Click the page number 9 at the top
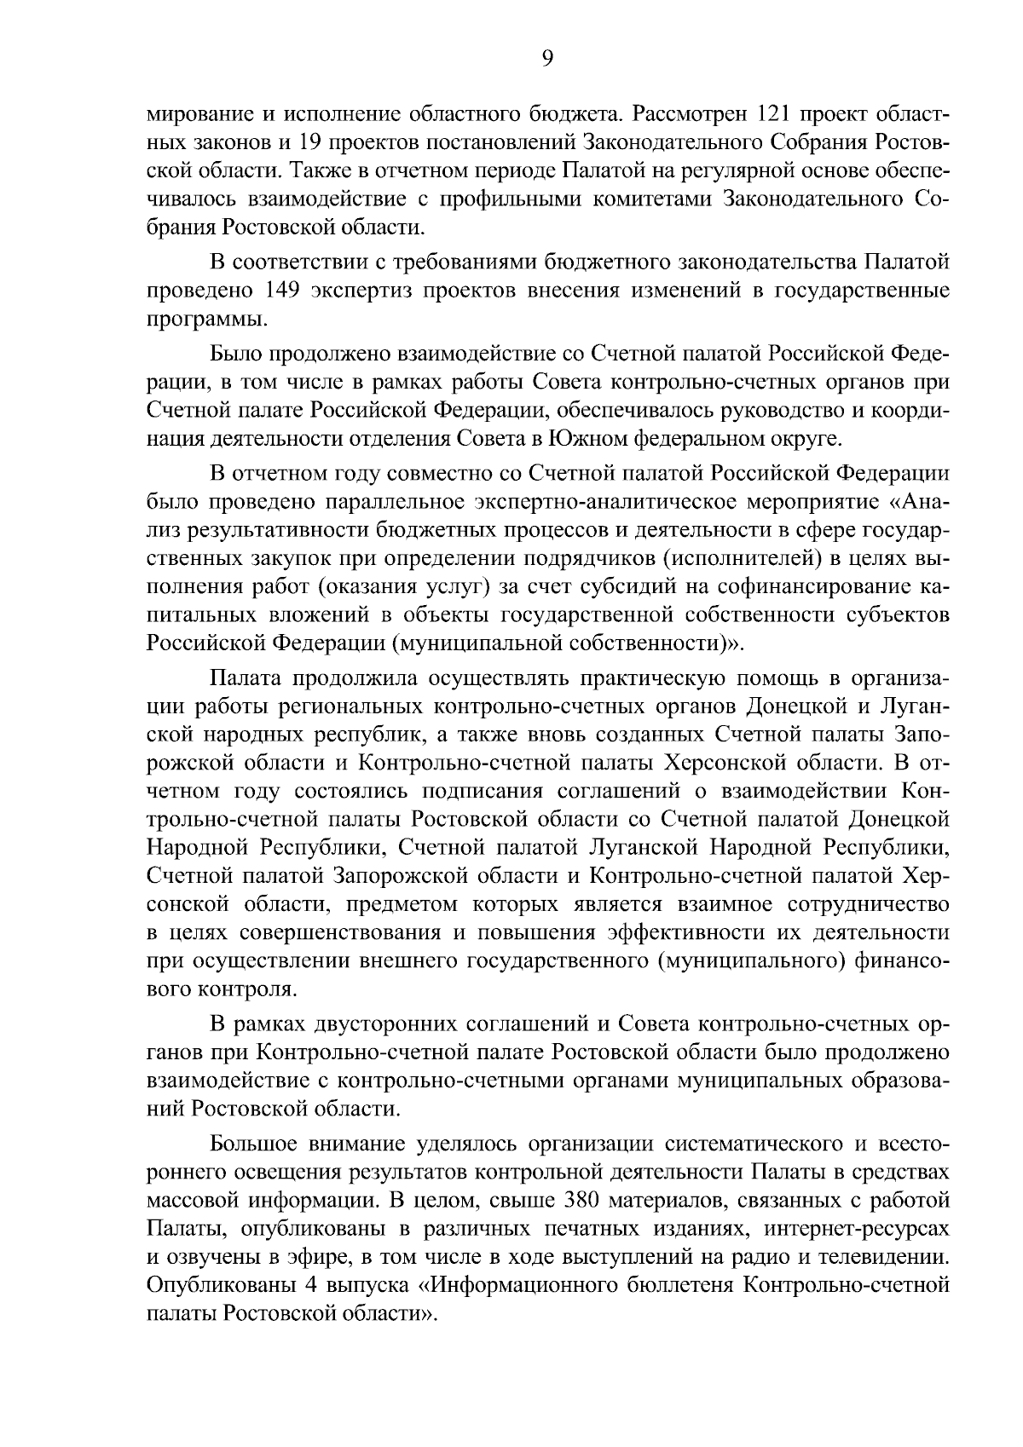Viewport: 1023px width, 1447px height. (x=547, y=58)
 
